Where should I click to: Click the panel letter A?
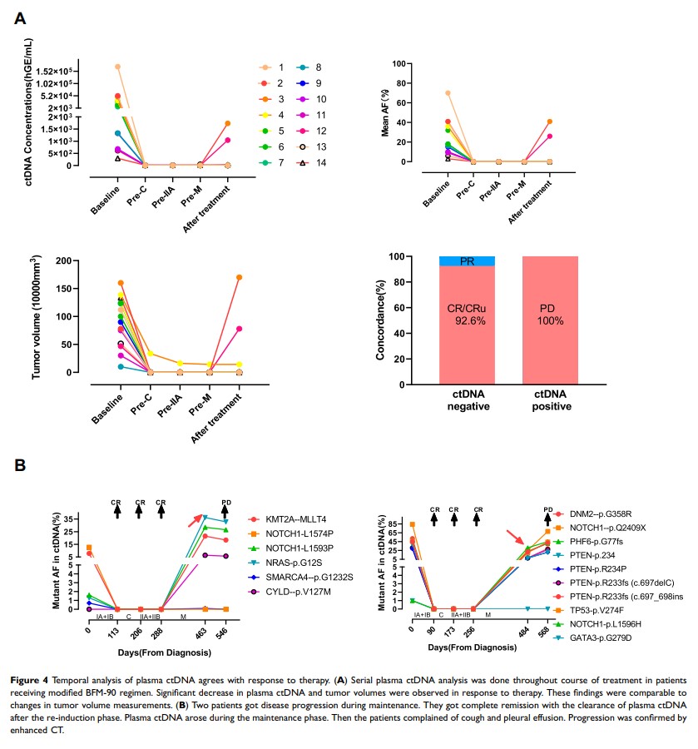tap(21, 17)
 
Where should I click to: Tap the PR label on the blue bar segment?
tap(467, 261)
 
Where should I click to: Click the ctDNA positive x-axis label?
tap(550, 401)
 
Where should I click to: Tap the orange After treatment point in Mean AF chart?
tap(550, 122)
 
